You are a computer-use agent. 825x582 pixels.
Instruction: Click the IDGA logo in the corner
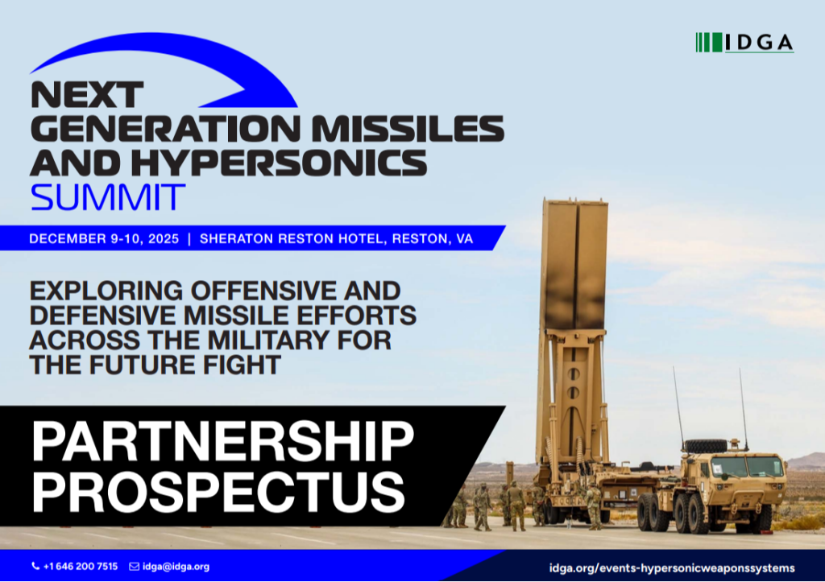pyautogui.click(x=744, y=43)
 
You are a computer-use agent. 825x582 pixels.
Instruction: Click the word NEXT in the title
pyautogui.click(x=87, y=95)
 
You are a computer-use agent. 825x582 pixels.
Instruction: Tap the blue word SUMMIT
pyautogui.click(x=108, y=197)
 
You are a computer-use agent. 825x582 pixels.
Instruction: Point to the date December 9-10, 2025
pyautogui.click(x=104, y=239)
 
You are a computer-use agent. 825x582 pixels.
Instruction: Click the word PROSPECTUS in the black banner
pyautogui.click(x=218, y=492)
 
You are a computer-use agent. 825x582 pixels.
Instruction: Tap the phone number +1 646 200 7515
pyautogui.click(x=81, y=566)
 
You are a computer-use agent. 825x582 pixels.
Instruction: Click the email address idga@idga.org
pyautogui.click(x=176, y=566)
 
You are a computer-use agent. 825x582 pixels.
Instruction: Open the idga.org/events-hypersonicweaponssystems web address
pyautogui.click(x=672, y=568)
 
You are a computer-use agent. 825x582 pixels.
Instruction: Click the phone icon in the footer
pyautogui.click(x=35, y=566)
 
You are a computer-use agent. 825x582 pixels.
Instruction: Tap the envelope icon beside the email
pyautogui.click(x=135, y=566)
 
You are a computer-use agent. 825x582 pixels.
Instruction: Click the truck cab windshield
pyautogui.click(x=746, y=467)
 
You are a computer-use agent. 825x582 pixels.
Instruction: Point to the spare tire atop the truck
pyautogui.click(x=705, y=446)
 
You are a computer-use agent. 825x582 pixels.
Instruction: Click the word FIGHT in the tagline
pyautogui.click(x=242, y=365)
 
